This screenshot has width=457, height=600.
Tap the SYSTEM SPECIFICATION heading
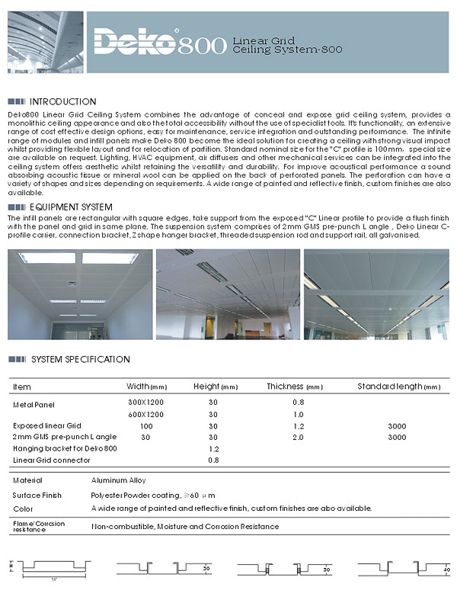tap(80, 360)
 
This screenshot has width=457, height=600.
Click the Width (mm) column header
tap(146, 387)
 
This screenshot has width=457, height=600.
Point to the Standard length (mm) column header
tap(398, 387)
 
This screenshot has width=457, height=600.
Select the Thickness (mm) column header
tap(295, 387)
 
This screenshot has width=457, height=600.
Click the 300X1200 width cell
tap(145, 401)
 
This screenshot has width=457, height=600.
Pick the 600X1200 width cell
tap(145, 414)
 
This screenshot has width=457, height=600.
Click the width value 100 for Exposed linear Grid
tap(145, 425)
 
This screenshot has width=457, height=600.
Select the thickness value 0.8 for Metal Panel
tap(299, 401)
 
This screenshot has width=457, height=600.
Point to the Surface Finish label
tap(37, 495)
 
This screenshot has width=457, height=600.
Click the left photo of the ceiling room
tap(79, 295)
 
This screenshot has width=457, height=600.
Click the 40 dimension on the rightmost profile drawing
tap(446, 569)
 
